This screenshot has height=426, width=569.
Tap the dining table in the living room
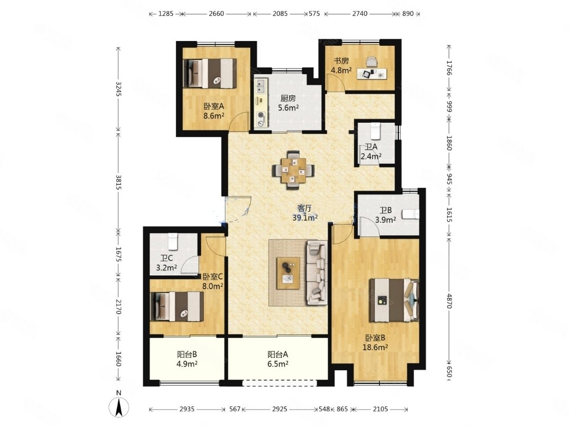pos(293,170)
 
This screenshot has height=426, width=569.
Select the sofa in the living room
pos(317,272)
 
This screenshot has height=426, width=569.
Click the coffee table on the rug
pos(288,273)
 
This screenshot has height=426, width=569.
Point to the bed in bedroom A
pos(210,73)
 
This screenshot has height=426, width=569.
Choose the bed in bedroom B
pos(394,300)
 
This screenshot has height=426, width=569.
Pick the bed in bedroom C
pos(177,306)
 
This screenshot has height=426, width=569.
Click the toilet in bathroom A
pos(375,131)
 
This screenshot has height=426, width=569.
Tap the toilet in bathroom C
pos(172,241)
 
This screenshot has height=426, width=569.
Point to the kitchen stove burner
pos(261,116)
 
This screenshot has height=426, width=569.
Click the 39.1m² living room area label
pos(305,217)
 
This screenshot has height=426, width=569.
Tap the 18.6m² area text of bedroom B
pos(375,347)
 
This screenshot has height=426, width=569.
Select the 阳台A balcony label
pos(278,354)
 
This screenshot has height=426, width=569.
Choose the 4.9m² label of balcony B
pos(187,364)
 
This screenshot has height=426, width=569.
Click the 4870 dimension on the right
pos(449,301)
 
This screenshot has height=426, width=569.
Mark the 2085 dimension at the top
pos(280,14)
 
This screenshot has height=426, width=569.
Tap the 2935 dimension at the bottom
pos(187,409)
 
